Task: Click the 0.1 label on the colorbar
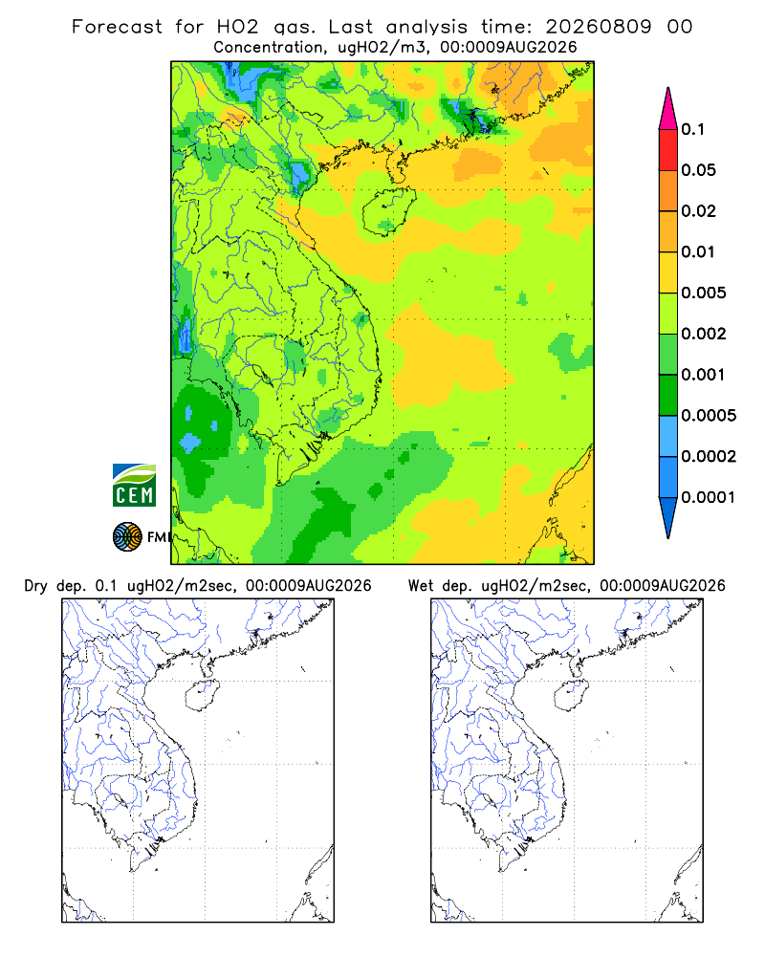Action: click(x=692, y=129)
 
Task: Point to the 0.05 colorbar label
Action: click(x=698, y=170)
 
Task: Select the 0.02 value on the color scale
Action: click(x=698, y=211)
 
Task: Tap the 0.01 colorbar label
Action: click(x=698, y=251)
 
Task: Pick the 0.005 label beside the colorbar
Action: click(x=704, y=293)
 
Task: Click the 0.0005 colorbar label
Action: click(x=709, y=415)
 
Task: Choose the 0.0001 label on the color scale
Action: click(x=709, y=497)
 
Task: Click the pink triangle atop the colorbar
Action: click(x=668, y=110)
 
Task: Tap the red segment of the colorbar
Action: click(x=668, y=150)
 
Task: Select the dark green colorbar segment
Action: click(x=668, y=395)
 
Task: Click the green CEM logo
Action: click(x=134, y=486)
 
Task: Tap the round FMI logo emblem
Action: click(x=127, y=537)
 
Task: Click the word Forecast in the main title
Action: click(x=117, y=27)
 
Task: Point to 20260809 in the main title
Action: click(x=599, y=27)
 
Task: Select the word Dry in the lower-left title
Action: click(x=35, y=586)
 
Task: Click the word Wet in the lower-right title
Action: click(x=421, y=586)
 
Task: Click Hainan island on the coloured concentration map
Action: click(x=389, y=211)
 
